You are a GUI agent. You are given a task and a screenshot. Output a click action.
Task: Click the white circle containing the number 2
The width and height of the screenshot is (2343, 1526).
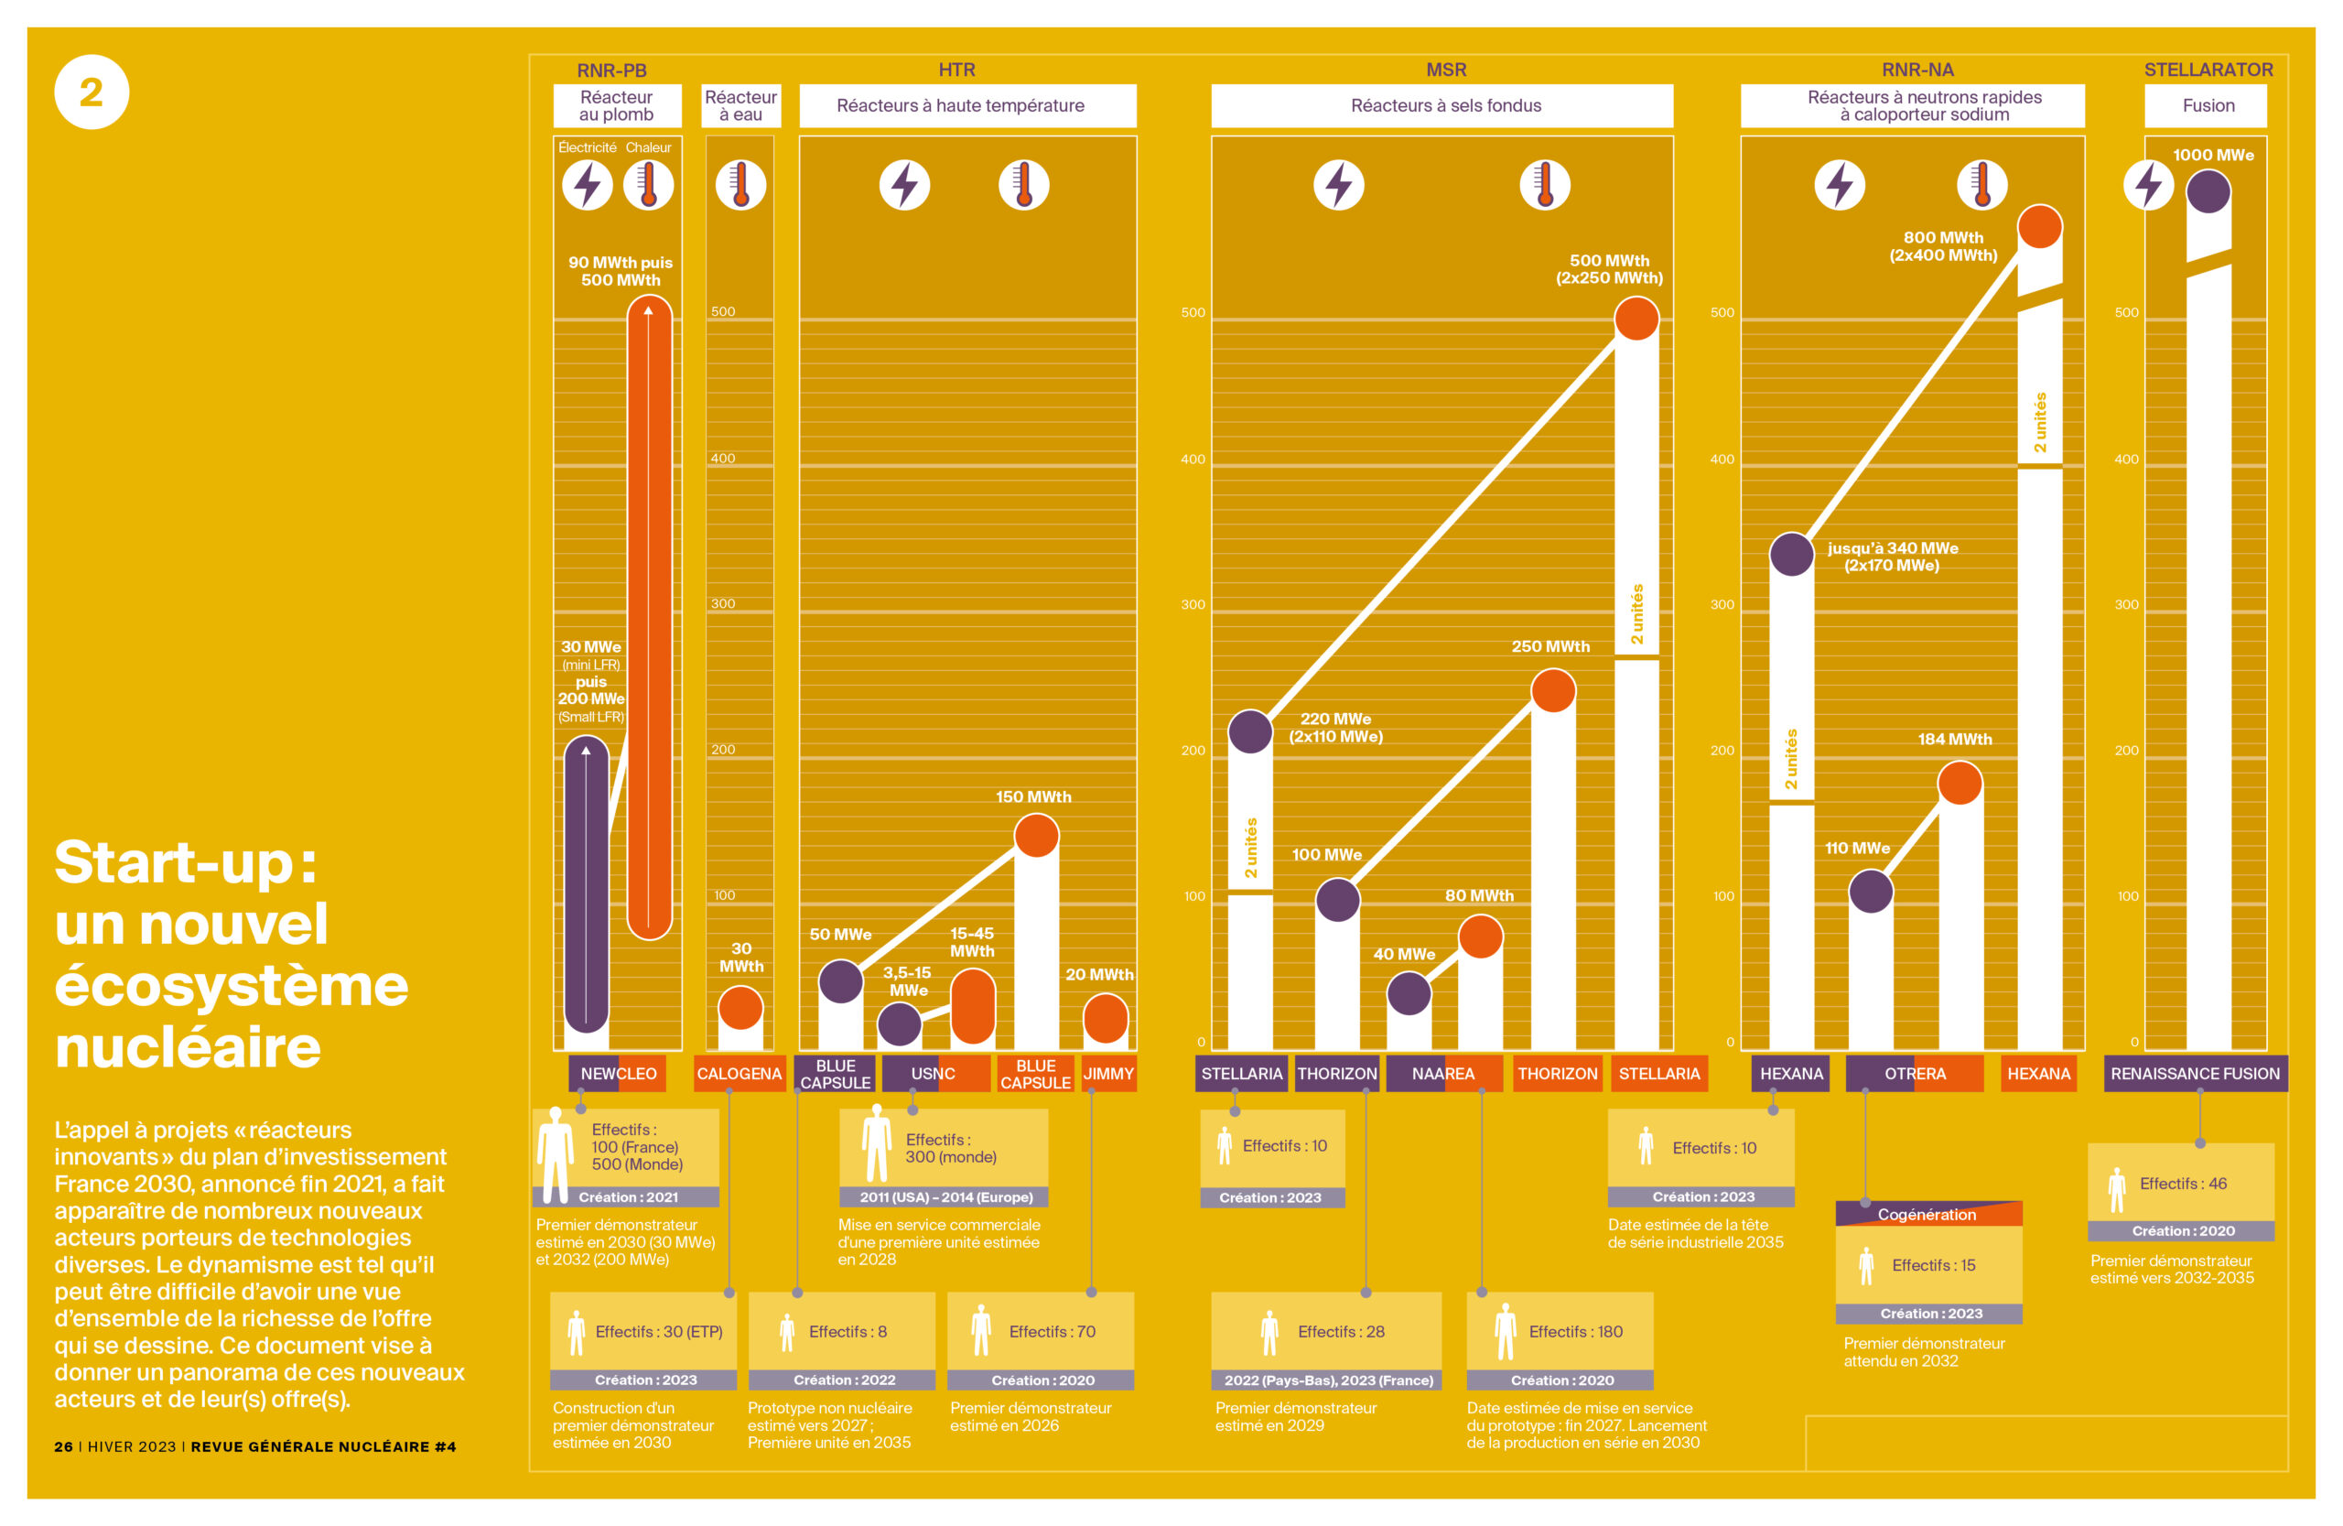click(92, 92)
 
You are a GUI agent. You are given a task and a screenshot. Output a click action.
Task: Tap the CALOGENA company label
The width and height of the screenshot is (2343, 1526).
click(739, 1073)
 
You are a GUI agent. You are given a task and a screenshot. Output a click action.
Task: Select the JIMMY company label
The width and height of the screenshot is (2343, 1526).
click(1108, 1073)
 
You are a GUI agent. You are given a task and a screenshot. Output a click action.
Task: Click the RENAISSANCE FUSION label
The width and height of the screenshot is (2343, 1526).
click(2195, 1073)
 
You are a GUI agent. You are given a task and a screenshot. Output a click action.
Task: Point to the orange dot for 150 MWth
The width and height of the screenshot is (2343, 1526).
click(1037, 836)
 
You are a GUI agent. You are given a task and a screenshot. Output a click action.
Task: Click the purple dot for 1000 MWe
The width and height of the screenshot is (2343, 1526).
click(2208, 192)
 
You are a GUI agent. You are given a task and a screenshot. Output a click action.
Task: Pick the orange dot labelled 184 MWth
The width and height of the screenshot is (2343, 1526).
click(1960, 784)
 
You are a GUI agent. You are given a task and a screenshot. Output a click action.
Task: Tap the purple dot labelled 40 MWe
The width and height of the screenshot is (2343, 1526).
click(1409, 993)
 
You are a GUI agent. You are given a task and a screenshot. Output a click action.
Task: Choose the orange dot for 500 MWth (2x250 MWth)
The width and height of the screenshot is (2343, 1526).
click(1636, 318)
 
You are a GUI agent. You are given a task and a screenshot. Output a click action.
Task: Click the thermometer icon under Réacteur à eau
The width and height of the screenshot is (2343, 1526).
click(740, 185)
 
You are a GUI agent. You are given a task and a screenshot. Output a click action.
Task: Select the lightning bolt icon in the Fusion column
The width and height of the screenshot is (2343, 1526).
click(2148, 185)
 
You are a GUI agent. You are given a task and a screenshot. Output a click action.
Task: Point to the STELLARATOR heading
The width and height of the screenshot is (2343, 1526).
click(2208, 70)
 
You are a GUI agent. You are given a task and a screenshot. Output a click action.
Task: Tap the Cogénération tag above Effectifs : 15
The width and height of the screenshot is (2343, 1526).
click(1927, 1214)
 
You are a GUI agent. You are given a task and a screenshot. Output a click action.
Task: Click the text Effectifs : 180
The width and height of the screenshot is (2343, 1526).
click(1575, 1331)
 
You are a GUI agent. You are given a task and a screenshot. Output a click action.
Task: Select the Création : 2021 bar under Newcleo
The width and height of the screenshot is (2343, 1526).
click(627, 1197)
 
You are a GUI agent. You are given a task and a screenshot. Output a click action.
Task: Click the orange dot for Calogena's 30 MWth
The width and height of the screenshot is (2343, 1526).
click(740, 1008)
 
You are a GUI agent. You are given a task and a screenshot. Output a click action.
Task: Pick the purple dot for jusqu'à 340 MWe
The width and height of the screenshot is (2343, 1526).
click(1791, 554)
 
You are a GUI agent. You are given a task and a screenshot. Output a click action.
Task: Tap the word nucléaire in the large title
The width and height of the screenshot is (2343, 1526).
click(188, 1046)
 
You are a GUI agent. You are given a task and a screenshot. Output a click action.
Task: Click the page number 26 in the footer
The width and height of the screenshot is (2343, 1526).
click(63, 1446)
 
